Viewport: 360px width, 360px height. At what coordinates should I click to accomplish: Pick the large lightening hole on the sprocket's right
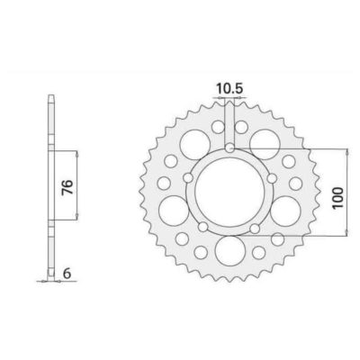(287, 211)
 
